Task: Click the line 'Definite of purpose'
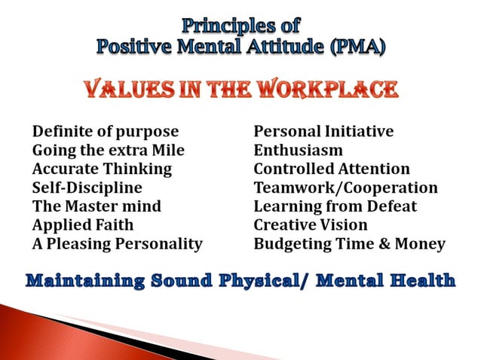(x=105, y=132)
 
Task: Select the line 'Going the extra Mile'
(x=108, y=151)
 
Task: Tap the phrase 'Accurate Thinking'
(x=102, y=169)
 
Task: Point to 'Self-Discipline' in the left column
(x=87, y=188)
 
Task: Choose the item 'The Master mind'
(x=97, y=206)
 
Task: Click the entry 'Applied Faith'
(x=82, y=224)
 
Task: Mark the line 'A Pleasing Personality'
(x=117, y=243)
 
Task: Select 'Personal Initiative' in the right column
(x=323, y=132)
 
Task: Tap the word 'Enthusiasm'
(x=298, y=151)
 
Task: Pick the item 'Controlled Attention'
(x=332, y=169)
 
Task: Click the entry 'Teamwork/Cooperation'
(x=345, y=188)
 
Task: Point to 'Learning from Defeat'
(x=335, y=206)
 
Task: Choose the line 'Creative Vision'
(x=311, y=224)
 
